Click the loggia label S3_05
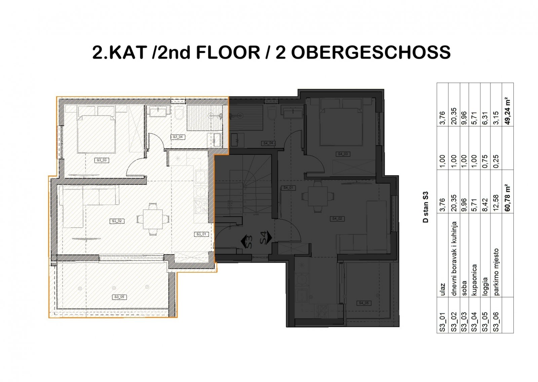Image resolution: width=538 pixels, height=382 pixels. (119, 297)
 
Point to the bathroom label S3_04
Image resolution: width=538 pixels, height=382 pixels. (178, 137)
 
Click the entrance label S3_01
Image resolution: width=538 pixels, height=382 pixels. (202, 234)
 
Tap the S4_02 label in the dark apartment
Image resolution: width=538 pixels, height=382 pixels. (338, 219)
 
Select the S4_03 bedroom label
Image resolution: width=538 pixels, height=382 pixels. (343, 154)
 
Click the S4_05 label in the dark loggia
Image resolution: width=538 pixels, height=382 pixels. (363, 303)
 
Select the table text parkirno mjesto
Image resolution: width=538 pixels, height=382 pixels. (497, 272)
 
